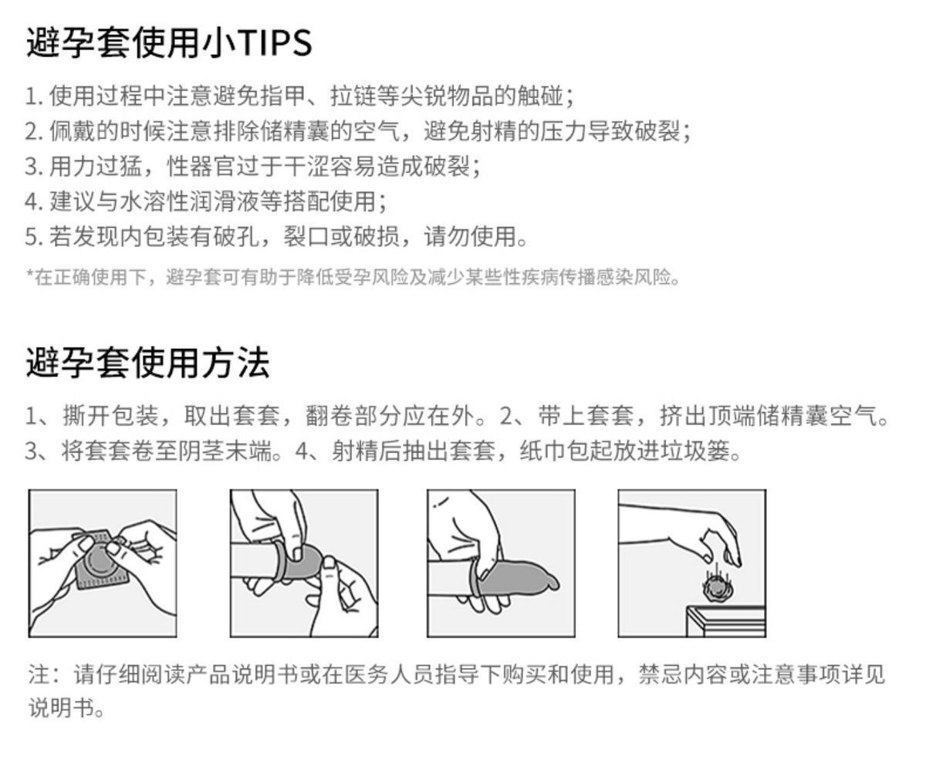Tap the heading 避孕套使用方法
(x=148, y=362)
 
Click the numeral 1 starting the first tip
(x=30, y=96)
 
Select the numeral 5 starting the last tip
(x=32, y=237)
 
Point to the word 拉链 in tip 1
(x=353, y=96)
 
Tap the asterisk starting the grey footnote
(x=30, y=274)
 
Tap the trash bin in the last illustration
(x=726, y=621)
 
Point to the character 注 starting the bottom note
(x=39, y=674)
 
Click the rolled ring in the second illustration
(x=280, y=562)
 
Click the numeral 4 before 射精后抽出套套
(x=301, y=451)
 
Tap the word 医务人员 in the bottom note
(x=389, y=674)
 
